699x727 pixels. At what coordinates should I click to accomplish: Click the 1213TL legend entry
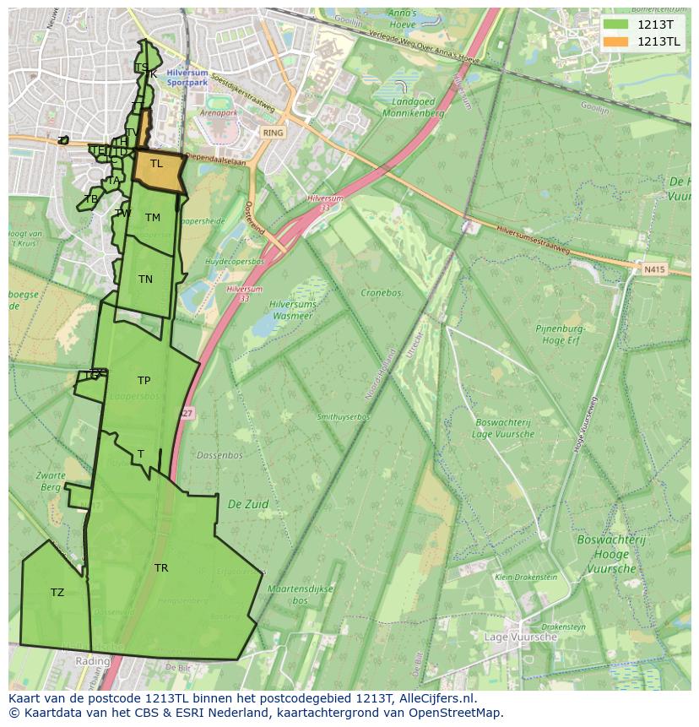[x=646, y=41]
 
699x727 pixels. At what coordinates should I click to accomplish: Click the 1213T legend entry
[x=646, y=24]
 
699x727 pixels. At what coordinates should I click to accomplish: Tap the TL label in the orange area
[x=156, y=164]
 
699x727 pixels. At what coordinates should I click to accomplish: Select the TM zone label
[x=152, y=218]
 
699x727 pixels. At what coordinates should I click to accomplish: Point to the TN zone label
[x=145, y=279]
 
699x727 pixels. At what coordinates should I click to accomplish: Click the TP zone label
[x=144, y=381]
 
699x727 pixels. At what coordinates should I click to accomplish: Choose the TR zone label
[x=160, y=568]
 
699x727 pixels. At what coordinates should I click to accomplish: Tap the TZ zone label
[x=57, y=593]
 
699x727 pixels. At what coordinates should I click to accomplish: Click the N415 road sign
[x=653, y=269]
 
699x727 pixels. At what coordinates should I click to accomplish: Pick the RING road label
[x=273, y=133]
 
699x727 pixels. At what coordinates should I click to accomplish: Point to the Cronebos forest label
[x=381, y=293]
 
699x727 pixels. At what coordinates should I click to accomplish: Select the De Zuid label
[x=248, y=504]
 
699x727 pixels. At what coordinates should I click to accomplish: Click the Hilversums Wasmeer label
[x=290, y=310]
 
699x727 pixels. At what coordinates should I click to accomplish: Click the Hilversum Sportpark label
[x=187, y=79]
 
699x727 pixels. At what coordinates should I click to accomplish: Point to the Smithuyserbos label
[x=344, y=417]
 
